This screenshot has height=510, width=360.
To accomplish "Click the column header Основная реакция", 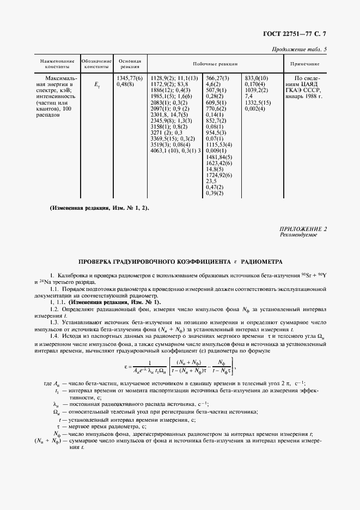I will click(x=130, y=64).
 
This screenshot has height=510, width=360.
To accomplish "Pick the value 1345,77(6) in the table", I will click(x=130, y=79).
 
